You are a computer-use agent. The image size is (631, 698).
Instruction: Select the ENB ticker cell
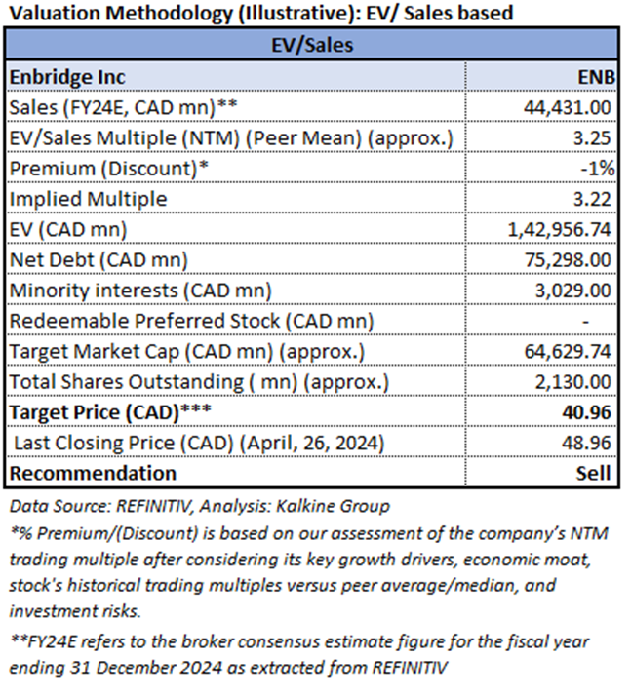(x=593, y=77)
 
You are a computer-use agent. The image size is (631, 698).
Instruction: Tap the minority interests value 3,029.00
(x=575, y=290)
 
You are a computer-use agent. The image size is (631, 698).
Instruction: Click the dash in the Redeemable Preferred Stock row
(x=608, y=321)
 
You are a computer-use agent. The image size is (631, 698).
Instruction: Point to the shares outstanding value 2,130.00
(x=575, y=381)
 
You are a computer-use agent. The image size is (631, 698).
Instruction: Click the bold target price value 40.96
(x=588, y=412)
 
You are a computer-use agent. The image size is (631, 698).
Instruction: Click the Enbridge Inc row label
(x=67, y=77)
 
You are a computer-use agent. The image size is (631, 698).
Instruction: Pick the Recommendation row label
(x=94, y=473)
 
